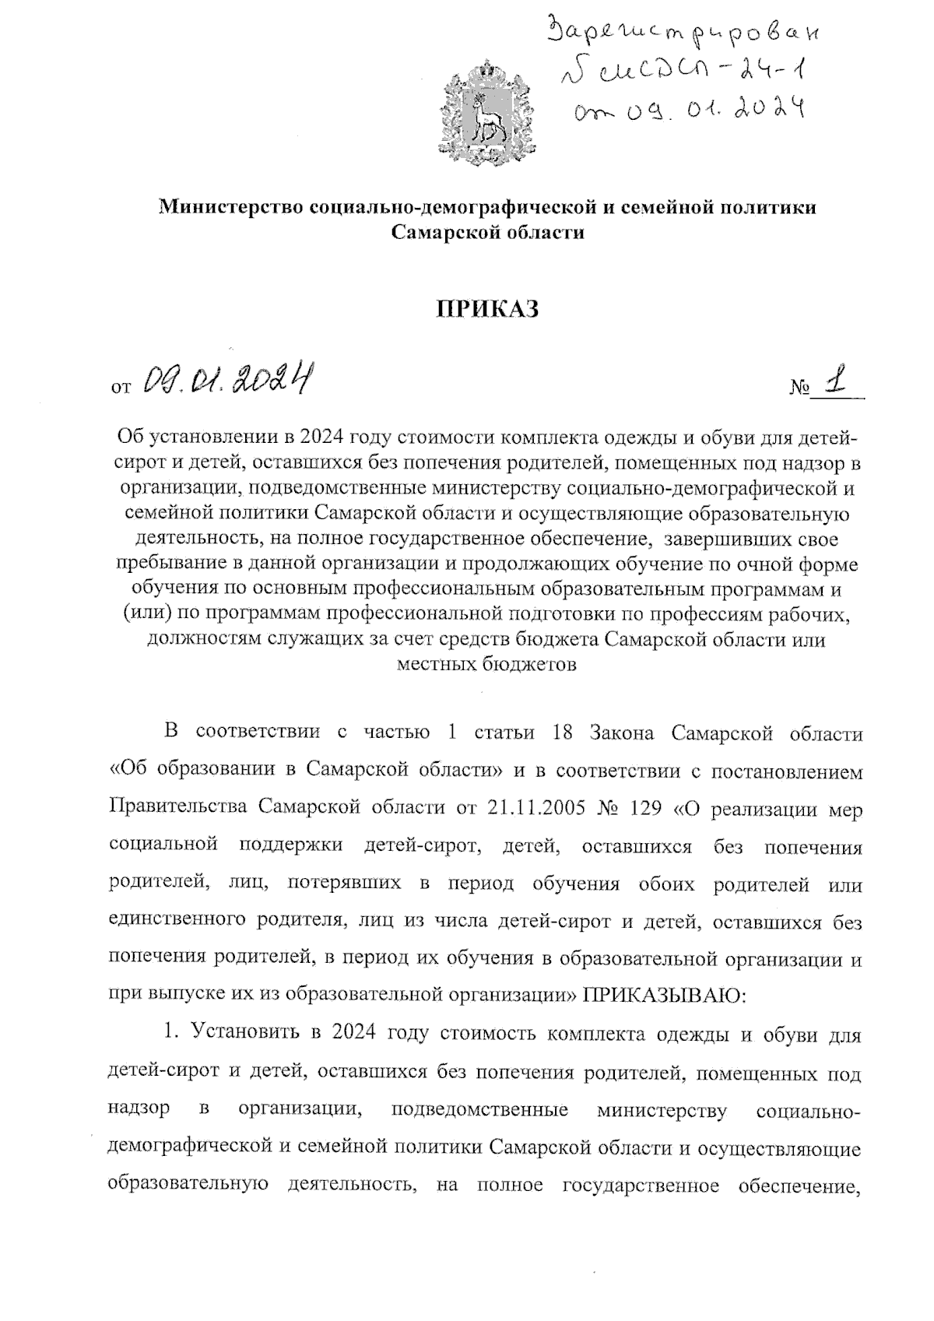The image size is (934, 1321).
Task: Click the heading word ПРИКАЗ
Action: pos(486,310)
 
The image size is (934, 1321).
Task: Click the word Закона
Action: pos(623,733)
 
